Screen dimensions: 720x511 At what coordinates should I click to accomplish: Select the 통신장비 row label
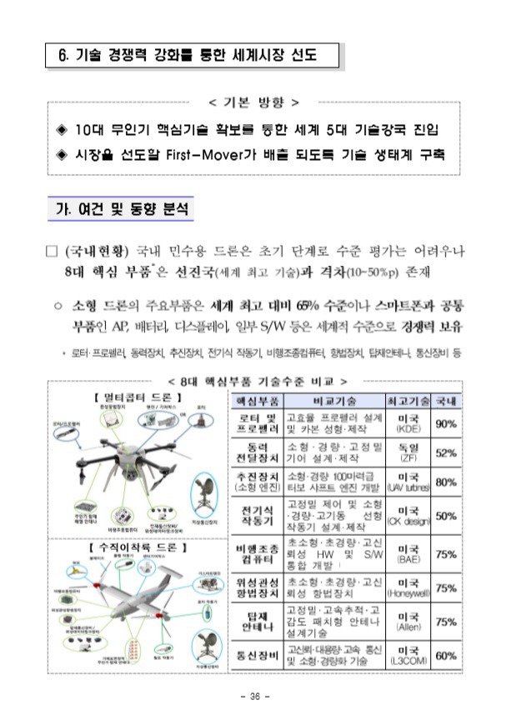256,655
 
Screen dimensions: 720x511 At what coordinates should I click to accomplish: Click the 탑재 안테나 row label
256,622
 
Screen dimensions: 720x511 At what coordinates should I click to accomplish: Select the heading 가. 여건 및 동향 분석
117,207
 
